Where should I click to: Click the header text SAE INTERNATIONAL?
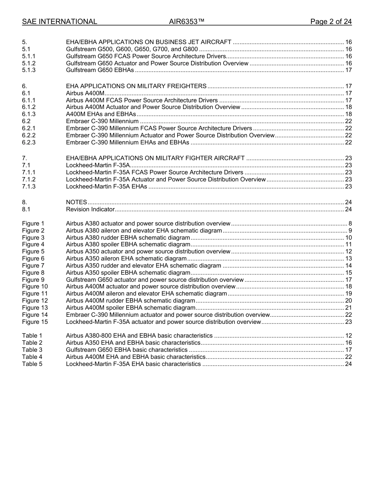[59, 22]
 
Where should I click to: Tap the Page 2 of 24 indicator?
[331, 22]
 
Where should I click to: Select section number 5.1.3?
[29, 70]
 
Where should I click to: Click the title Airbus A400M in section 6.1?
[85, 93]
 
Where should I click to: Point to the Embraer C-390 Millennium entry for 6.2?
[102, 121]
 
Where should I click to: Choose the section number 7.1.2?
[29, 179]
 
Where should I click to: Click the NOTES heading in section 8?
[76, 202]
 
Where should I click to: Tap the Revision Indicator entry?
[90, 209]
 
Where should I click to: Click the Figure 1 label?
[33, 224]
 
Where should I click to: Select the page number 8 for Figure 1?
[350, 224]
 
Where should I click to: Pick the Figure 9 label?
[33, 280]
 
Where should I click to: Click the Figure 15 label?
[35, 322]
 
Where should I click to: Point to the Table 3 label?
[32, 350]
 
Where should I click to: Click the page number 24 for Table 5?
[348, 364]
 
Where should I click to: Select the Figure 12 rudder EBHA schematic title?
[130, 301]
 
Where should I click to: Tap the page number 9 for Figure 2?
[350, 231]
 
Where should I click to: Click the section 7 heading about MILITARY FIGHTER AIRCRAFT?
[155, 158]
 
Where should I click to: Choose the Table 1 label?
[32, 336]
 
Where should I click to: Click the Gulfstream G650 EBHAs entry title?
[100, 70]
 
